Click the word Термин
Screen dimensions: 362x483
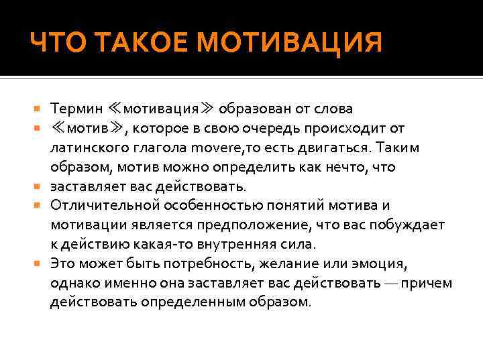[78, 108]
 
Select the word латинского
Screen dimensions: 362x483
[91, 147]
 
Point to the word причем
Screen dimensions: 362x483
[430, 283]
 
